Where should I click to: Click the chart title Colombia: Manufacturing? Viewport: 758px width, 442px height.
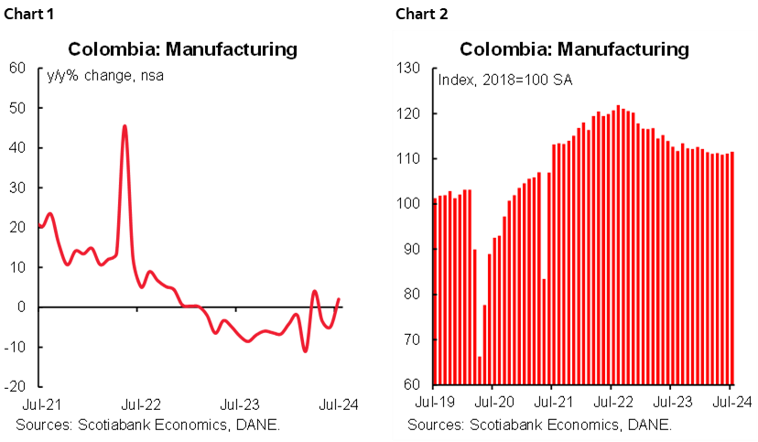click(x=574, y=49)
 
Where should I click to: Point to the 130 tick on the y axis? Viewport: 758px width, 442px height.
click(x=407, y=69)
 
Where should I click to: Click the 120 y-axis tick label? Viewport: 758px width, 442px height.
click(x=407, y=113)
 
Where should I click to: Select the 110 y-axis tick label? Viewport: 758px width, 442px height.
click(x=407, y=159)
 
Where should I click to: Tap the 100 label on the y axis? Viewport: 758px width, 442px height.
click(x=407, y=204)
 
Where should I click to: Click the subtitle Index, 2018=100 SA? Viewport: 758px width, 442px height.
click(x=505, y=81)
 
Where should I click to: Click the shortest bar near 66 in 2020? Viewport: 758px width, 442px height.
click(x=480, y=370)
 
